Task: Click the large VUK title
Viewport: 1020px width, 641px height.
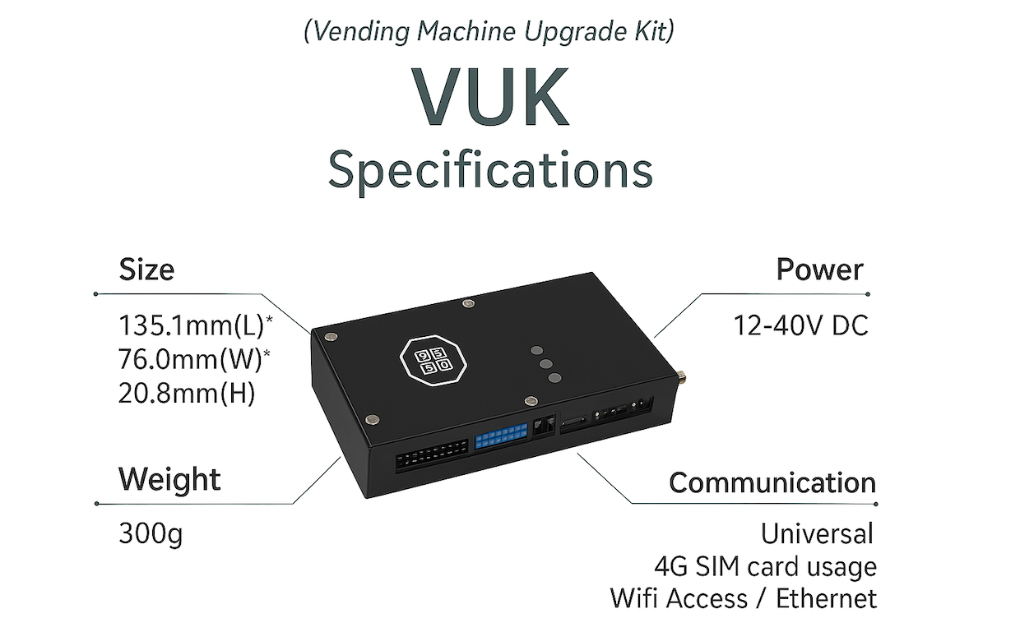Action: pos(491,96)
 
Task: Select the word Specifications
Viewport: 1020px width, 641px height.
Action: pos(490,171)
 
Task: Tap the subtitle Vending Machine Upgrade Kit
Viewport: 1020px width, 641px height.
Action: pos(489,32)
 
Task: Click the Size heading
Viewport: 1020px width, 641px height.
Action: pos(146,270)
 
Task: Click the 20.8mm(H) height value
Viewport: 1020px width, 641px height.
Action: pos(187,394)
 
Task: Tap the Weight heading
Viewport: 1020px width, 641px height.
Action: pos(169,479)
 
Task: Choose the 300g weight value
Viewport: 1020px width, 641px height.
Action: pos(151,534)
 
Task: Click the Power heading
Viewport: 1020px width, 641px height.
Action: pos(819,270)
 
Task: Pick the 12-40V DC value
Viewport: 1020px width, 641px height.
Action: pos(800,326)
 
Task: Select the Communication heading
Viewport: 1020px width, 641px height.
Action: pos(772,482)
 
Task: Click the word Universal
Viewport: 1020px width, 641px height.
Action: pos(816,534)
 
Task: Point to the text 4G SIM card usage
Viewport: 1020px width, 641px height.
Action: pos(765,566)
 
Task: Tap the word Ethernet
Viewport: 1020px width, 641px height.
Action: pos(826,598)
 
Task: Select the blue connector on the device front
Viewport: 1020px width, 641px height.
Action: pos(500,436)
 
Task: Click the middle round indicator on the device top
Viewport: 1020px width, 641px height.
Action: pos(545,362)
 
